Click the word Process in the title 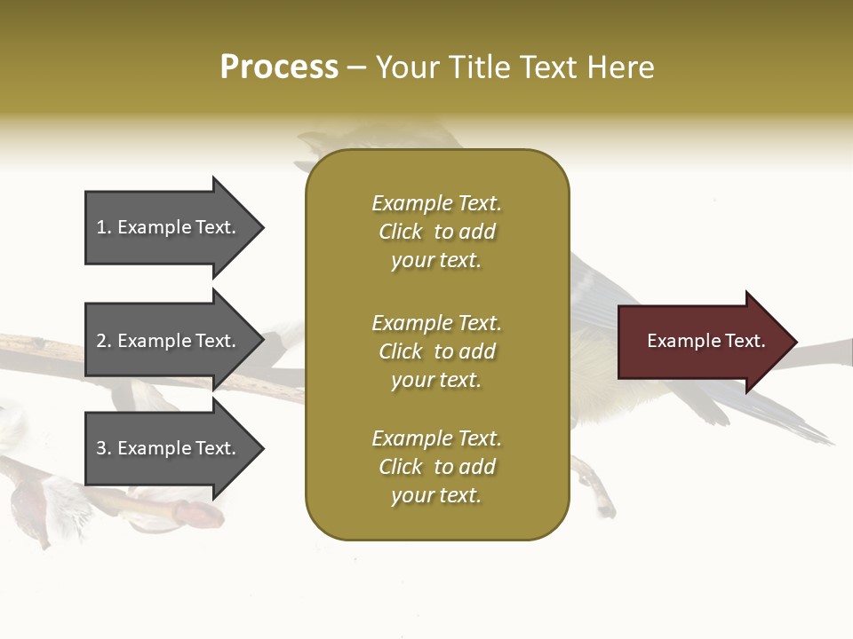pyautogui.click(x=279, y=67)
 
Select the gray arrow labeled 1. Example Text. pyautogui.click(x=169, y=227)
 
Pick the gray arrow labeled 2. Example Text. pyautogui.click(x=169, y=341)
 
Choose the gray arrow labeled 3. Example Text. pyautogui.click(x=169, y=448)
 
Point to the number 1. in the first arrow pyautogui.click(x=104, y=227)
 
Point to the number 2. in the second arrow pyautogui.click(x=104, y=341)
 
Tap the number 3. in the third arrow pyautogui.click(x=104, y=448)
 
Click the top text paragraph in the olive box pyautogui.click(x=436, y=232)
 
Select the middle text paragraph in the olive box pyautogui.click(x=436, y=351)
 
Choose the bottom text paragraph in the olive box pyautogui.click(x=436, y=467)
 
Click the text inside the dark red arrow pyautogui.click(x=706, y=341)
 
